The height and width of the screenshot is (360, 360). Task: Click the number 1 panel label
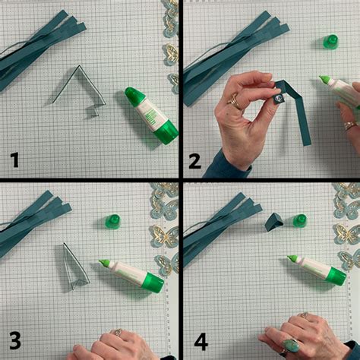click(15, 159)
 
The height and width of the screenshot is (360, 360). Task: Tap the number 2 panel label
click(195, 161)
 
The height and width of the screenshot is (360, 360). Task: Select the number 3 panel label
click(15, 341)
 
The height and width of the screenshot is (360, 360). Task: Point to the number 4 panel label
click(201, 342)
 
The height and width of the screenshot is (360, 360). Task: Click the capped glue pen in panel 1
click(151, 115)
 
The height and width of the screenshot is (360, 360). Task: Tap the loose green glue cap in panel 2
click(330, 42)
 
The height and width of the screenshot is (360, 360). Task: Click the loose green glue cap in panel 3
click(112, 222)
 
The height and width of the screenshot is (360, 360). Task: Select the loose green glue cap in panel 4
click(300, 220)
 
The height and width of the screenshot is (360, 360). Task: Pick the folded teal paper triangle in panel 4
click(274, 222)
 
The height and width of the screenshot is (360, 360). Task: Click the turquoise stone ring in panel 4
click(291, 346)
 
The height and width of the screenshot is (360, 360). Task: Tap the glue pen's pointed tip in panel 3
click(99, 261)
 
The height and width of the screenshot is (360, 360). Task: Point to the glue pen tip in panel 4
click(289, 257)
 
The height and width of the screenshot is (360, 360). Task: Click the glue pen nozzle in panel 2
click(320, 77)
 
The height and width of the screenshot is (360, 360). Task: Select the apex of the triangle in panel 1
click(79, 65)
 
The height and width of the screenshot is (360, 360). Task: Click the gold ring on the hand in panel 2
click(235, 101)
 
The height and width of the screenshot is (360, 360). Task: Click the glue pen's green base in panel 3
click(153, 283)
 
